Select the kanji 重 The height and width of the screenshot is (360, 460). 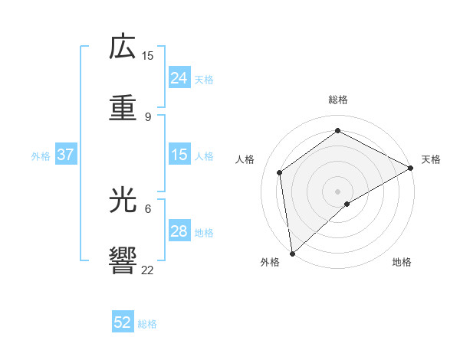tap(123, 108)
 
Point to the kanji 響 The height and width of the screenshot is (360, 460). tap(123, 261)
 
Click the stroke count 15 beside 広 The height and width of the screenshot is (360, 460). tap(148, 55)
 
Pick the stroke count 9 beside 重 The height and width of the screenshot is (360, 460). tap(148, 116)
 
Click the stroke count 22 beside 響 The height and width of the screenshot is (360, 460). tap(148, 270)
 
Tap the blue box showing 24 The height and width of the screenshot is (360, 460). tap(179, 78)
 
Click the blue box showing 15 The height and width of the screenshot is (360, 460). tap(179, 155)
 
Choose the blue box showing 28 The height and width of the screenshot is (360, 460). tap(179, 231)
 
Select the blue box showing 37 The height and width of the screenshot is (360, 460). tap(65, 155)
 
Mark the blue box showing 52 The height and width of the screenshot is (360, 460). tap(123, 323)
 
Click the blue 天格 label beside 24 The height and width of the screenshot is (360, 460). tap(204, 80)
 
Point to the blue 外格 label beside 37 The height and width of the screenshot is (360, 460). tap(41, 156)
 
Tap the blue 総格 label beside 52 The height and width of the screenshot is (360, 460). tap(147, 325)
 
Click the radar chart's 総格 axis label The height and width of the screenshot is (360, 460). tap(338, 100)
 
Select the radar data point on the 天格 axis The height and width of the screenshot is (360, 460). tap(411, 168)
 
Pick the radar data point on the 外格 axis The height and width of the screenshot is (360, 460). tap(292, 253)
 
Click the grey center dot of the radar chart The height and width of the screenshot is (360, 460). tap(338, 191)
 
